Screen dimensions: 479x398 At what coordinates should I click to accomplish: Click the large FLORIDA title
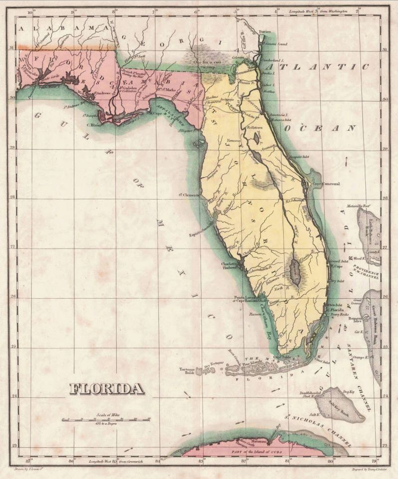click(x=106, y=388)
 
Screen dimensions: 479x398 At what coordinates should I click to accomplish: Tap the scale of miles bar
click(x=106, y=420)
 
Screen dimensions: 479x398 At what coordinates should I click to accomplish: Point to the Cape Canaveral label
click(x=326, y=184)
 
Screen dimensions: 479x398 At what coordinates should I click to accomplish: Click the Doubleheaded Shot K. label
click(x=308, y=394)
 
